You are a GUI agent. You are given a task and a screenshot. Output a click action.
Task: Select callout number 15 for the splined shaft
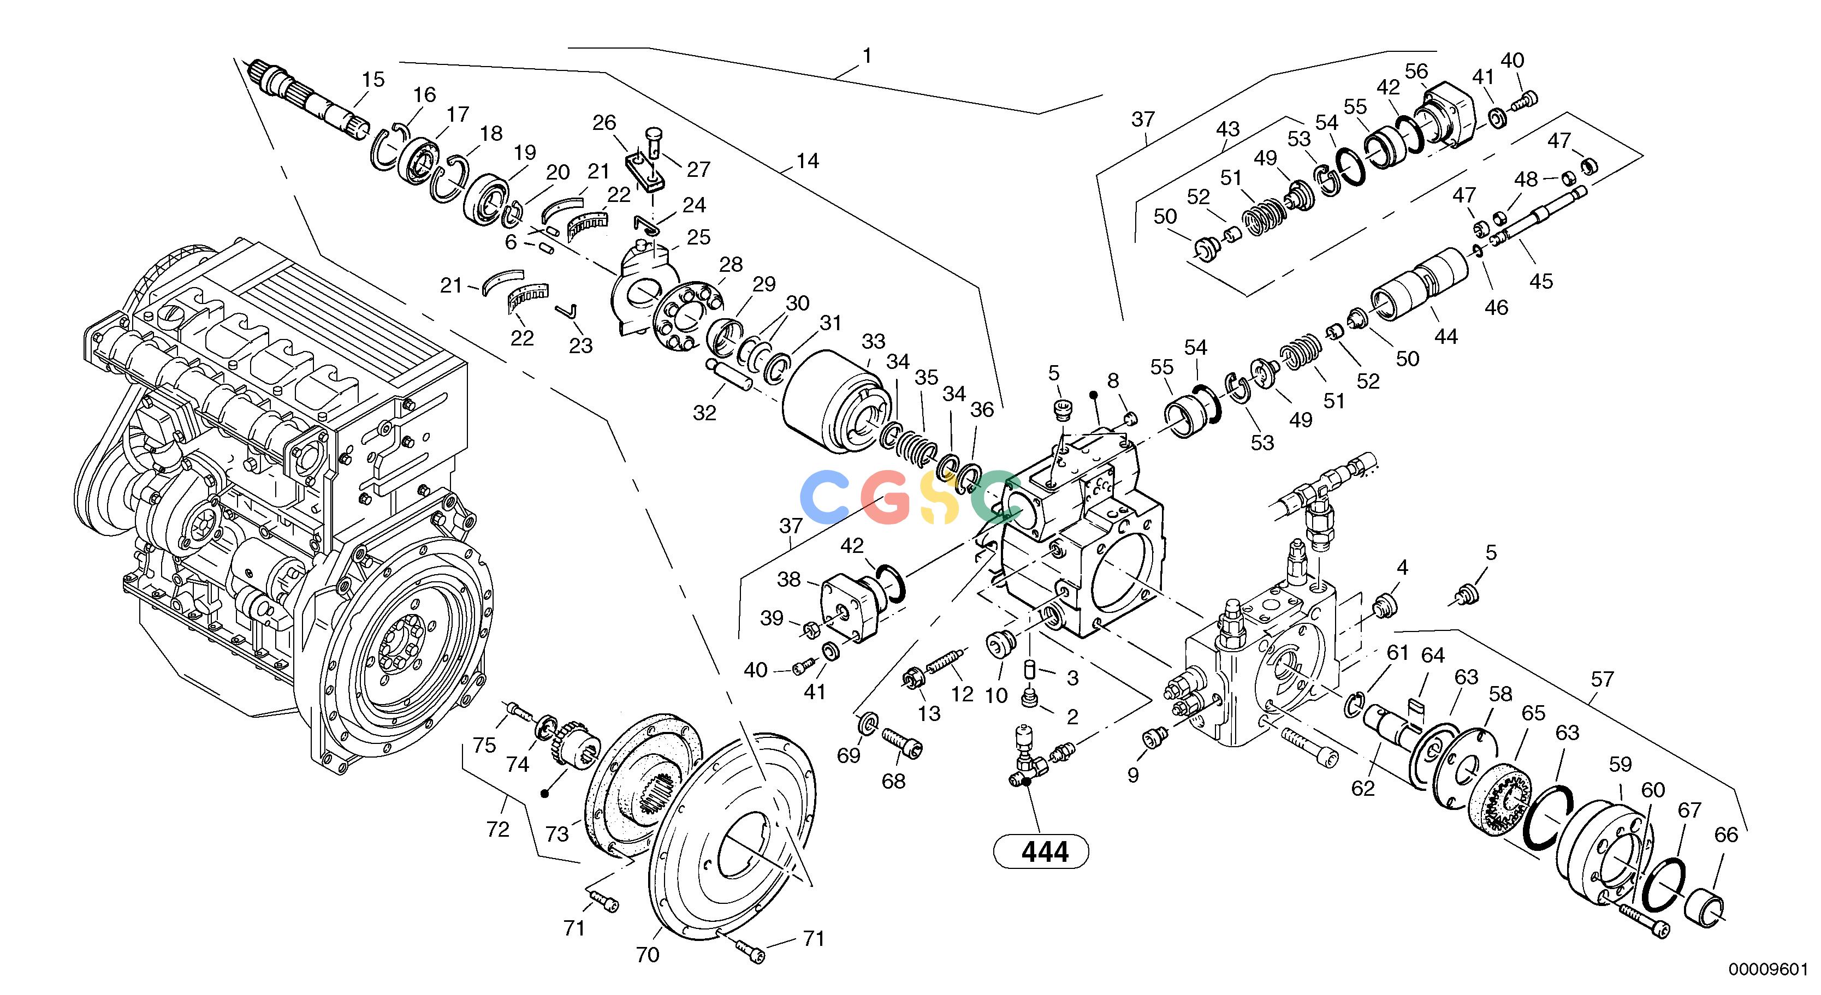tap(373, 79)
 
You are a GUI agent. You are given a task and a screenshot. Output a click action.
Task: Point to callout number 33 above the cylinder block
tap(873, 341)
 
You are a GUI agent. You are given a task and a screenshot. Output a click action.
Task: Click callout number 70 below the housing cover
tap(648, 955)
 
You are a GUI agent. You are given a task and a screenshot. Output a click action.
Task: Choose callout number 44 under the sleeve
tap(1446, 336)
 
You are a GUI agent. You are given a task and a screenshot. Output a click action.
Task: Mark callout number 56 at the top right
tap(1416, 72)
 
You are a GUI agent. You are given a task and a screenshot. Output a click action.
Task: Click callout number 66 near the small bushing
tap(1725, 835)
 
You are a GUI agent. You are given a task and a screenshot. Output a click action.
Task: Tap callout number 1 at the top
tap(868, 56)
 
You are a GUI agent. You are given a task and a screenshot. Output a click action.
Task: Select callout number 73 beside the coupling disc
tap(557, 835)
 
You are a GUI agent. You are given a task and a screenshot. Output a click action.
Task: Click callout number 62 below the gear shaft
tap(1363, 788)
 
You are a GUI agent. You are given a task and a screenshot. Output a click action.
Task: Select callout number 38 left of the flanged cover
tap(789, 580)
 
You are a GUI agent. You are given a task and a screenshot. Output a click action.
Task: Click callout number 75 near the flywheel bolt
tap(484, 746)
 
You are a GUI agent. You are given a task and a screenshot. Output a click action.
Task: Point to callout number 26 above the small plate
tap(604, 123)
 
